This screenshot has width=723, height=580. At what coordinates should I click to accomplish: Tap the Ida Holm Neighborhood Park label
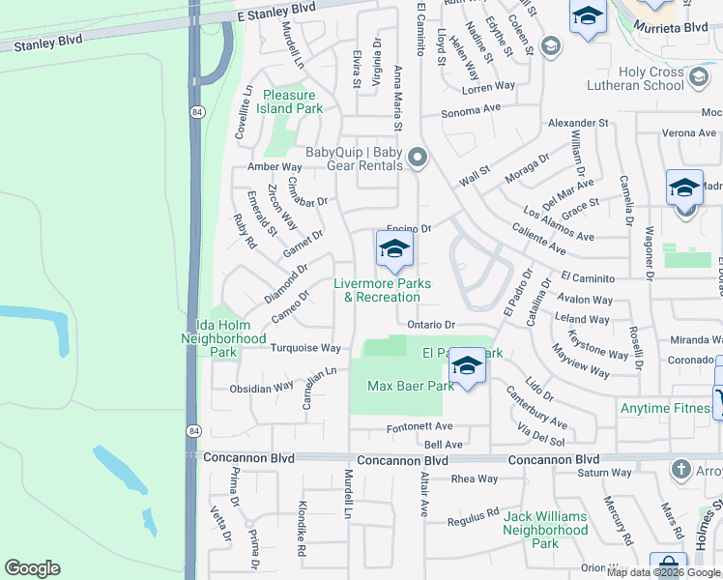(x=223, y=339)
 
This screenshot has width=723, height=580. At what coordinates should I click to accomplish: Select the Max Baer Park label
(x=411, y=386)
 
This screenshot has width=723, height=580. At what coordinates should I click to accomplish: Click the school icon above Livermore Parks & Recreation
(x=394, y=251)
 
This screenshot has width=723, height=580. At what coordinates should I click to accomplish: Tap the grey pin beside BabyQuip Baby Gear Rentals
(x=418, y=157)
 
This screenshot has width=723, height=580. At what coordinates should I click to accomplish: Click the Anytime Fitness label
(x=666, y=408)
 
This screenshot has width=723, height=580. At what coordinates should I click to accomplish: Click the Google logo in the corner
(x=32, y=567)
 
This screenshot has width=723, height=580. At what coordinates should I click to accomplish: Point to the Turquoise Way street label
(x=305, y=348)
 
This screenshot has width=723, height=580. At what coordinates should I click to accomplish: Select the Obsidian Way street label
(x=261, y=388)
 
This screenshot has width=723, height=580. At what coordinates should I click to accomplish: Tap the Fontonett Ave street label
(x=419, y=426)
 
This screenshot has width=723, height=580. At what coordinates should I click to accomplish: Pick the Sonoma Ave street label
(x=472, y=111)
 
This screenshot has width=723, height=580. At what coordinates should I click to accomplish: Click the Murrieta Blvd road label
(x=670, y=28)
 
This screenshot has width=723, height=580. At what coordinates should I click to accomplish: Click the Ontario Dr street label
(x=430, y=325)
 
